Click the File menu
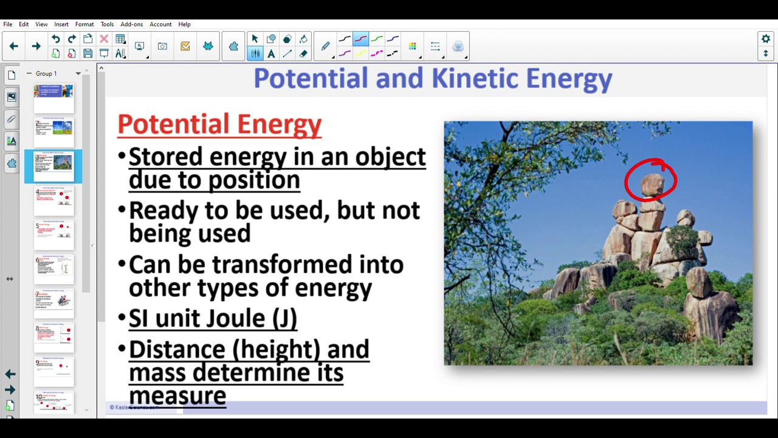point(8,24)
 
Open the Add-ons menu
point(131,24)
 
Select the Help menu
point(184,24)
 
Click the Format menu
point(84,24)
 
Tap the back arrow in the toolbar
point(13,46)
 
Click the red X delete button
point(104,39)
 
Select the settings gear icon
point(766,39)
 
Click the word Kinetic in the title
point(475,79)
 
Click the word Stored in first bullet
point(165,157)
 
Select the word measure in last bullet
point(177,395)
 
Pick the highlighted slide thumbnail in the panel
point(53,166)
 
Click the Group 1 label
point(46,74)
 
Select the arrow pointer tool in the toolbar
point(255,39)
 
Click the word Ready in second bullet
point(163,210)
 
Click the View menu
point(41,24)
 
